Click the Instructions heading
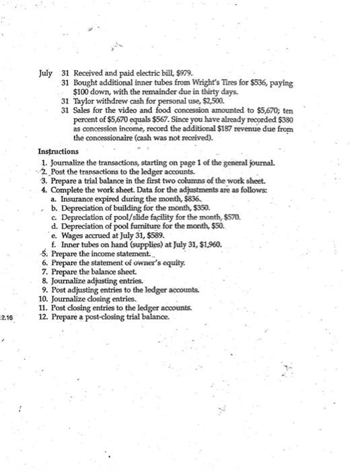(x=59, y=151)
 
